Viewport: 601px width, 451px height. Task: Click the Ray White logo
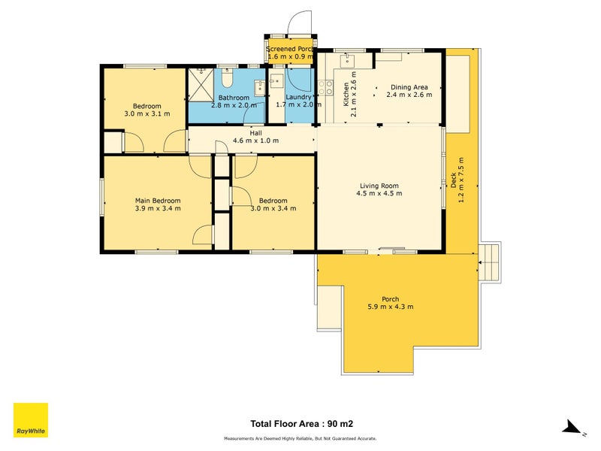[31, 420]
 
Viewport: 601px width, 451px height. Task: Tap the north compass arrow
[573, 428]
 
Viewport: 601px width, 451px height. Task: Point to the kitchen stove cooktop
[328, 89]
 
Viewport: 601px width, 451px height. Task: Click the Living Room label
[379, 186]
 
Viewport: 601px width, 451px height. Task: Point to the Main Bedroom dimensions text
[157, 210]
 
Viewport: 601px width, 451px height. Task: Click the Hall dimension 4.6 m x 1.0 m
[255, 141]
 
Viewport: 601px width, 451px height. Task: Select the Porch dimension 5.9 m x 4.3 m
[390, 307]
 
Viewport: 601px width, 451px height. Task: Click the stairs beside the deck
[488, 262]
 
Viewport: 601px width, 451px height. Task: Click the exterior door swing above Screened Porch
[299, 23]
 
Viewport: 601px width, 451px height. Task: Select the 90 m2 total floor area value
[334, 424]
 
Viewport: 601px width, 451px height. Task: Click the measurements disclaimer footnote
[300, 438]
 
